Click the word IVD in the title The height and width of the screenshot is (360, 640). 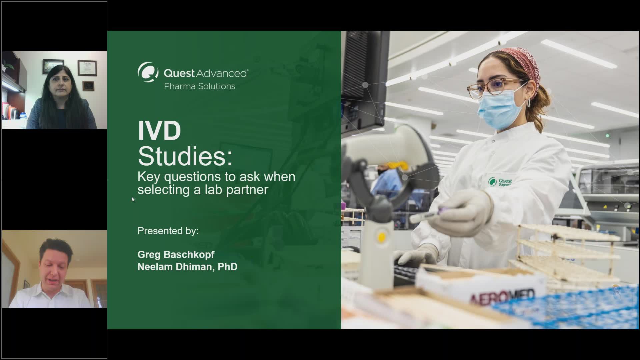[x=159, y=131]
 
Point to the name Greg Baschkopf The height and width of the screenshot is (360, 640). [x=176, y=254]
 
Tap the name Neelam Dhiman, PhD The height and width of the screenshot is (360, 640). [x=187, y=267]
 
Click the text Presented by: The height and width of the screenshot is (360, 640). [x=168, y=231]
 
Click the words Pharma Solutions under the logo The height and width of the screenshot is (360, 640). [x=199, y=86]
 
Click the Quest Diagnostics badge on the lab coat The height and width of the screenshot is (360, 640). [x=500, y=182]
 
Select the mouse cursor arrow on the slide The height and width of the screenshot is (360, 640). [x=133, y=199]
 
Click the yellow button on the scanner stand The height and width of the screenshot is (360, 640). [x=382, y=237]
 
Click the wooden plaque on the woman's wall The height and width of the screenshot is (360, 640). [x=88, y=86]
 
